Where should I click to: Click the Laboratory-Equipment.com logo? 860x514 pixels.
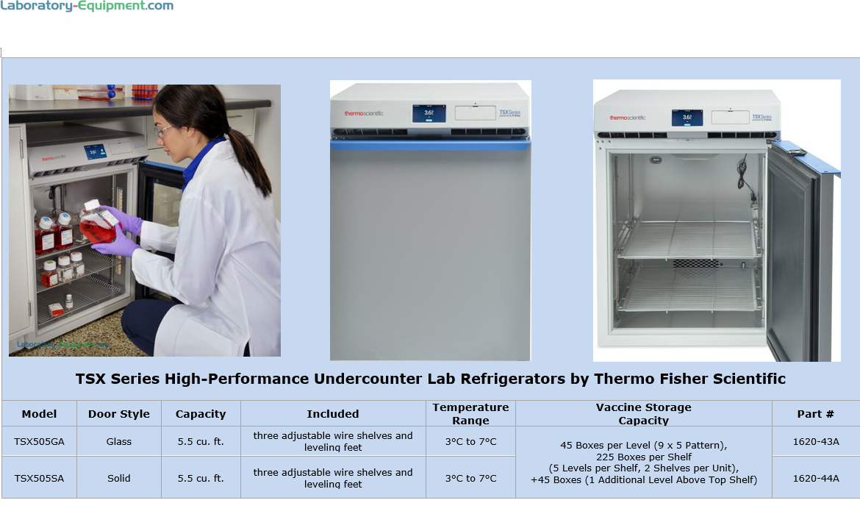coord(87,7)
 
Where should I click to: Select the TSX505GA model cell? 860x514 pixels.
coord(39,441)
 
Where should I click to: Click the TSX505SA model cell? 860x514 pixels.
coord(39,478)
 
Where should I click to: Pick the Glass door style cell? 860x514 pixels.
coord(119,441)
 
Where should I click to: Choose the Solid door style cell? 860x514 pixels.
coord(119,478)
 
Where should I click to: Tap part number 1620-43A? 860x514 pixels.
coord(815,441)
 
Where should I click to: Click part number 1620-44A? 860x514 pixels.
coord(815,478)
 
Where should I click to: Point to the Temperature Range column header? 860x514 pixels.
coord(470,413)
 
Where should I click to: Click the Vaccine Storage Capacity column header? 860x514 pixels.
coord(643,413)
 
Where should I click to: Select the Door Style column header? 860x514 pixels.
coord(119,414)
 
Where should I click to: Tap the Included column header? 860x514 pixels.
coord(333,414)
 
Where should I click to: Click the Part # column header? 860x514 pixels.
coord(815,414)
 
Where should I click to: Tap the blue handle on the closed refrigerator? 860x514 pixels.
coord(430,146)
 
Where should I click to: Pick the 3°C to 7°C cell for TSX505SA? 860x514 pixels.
coord(470,478)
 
